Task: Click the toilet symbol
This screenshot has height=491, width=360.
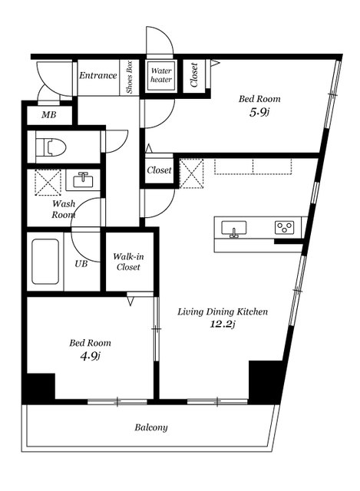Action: click(51, 147)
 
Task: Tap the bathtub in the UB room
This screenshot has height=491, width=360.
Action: click(45, 262)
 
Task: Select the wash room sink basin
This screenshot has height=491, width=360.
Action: click(83, 180)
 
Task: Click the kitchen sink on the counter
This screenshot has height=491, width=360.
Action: click(234, 228)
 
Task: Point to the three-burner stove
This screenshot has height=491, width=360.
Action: click(285, 227)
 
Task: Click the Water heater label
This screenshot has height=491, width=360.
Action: click(161, 75)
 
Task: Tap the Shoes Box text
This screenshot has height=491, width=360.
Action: click(130, 77)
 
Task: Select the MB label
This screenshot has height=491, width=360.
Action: click(49, 115)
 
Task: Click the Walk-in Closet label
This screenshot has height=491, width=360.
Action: click(128, 262)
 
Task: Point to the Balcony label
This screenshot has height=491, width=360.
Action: click(151, 427)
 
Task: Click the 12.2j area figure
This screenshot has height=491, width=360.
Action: click(223, 324)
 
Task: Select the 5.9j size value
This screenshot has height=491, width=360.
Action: click(259, 112)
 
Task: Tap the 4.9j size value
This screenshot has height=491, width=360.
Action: click(90, 356)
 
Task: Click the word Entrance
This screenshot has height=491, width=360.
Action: click(97, 75)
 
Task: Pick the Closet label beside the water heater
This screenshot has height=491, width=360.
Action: click(194, 75)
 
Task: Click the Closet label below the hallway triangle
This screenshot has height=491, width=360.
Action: click(159, 170)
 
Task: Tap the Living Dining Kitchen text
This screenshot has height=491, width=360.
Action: click(223, 311)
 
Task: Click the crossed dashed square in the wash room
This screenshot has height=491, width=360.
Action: click(48, 183)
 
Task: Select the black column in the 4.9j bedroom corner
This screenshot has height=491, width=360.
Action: click(38, 387)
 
